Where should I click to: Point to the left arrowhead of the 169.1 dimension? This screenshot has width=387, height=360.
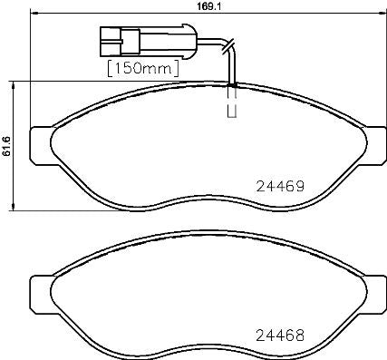coord(34,13)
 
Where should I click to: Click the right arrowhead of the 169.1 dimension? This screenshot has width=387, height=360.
coord(379,13)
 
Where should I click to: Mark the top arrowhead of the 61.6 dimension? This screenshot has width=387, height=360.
coord(14,83)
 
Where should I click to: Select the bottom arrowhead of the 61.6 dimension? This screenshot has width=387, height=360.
coord(14,208)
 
